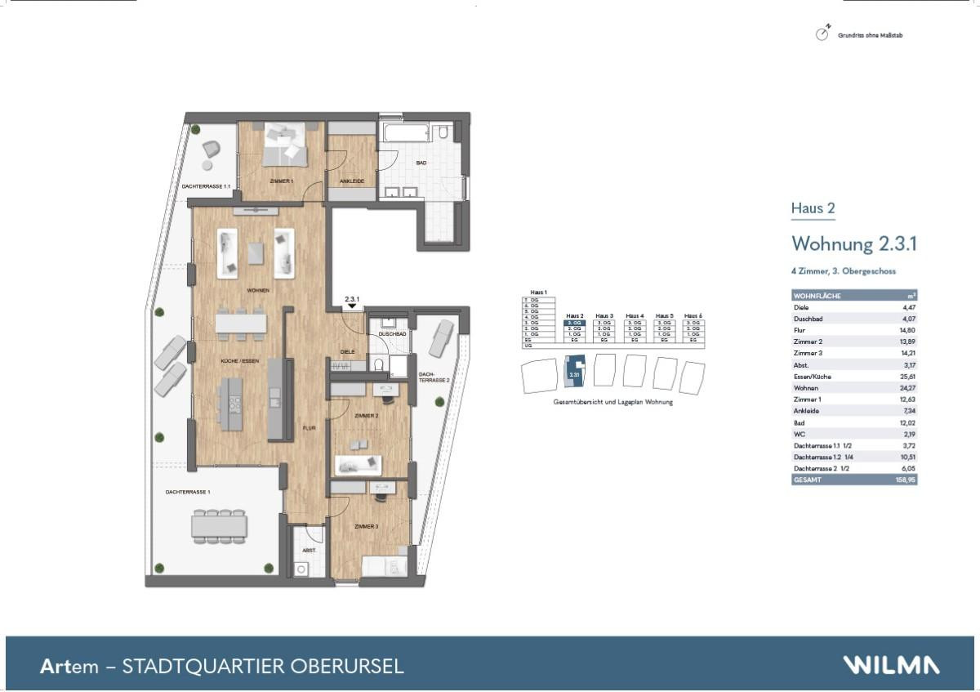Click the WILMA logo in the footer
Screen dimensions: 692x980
pos(891,665)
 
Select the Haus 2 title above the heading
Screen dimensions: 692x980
pos(813,208)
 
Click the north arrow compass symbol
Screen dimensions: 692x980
pos(822,33)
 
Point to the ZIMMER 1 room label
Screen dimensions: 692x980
pos(281,180)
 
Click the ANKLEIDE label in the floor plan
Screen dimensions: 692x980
pos(351,181)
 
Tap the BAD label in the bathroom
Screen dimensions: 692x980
pos(421,163)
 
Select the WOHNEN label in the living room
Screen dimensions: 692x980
pos(258,290)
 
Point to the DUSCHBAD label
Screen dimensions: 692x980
pos(392,334)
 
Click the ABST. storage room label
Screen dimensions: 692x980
pos(309,551)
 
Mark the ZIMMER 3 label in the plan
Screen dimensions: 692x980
pos(366,527)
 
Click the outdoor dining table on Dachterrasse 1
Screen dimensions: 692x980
pos(219,525)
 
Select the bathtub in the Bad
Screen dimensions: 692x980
pos(405,132)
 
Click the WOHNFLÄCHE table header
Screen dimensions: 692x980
pos(817,296)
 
